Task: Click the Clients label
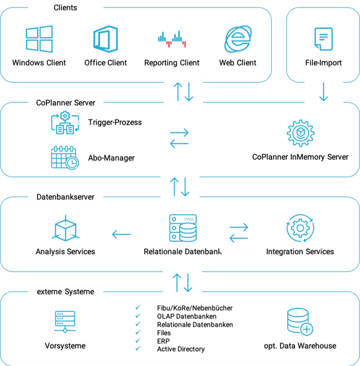point(65,8)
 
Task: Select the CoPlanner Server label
point(65,103)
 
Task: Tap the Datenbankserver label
point(65,197)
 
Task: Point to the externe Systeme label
point(65,292)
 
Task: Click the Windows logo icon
point(40,39)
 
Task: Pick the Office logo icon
point(106,39)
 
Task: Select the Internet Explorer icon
point(238,39)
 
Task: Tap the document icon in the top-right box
point(323,38)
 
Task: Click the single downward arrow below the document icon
point(324,92)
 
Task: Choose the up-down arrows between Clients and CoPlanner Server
point(183,92)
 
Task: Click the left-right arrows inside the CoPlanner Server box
point(179,138)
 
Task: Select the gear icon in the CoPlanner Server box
point(301,133)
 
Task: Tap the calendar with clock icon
point(65,157)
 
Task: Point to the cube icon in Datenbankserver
point(65,228)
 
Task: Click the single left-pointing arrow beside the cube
point(121,234)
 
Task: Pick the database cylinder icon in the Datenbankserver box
point(183,228)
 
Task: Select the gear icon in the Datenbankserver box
point(301,228)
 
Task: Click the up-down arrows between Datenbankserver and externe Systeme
point(182,283)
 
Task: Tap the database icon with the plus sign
point(300,322)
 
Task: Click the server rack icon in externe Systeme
point(65,321)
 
